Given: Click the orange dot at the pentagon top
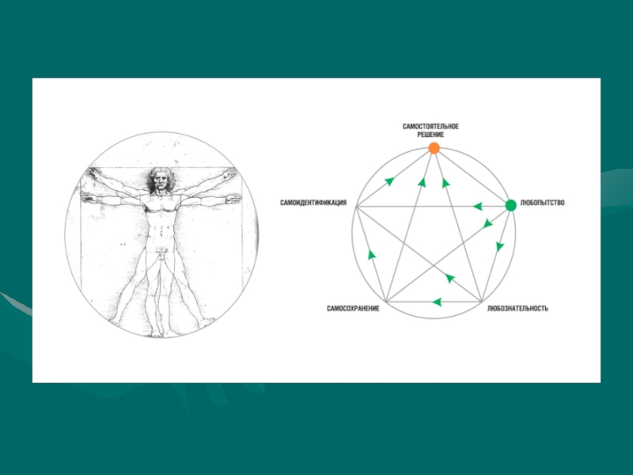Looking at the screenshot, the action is click(434, 148).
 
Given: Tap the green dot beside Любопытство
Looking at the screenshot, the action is click(510, 205).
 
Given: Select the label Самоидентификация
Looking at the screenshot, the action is click(313, 203).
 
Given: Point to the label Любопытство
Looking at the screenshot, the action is click(543, 203).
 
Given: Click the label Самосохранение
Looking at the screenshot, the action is click(353, 308).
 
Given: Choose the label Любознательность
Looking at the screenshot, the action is click(517, 308).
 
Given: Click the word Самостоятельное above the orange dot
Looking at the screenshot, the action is click(430, 127).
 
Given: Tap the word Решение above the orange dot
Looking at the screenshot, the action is click(430, 135).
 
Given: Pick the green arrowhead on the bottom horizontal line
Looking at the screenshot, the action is click(436, 302).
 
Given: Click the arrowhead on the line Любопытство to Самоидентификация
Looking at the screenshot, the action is click(477, 207).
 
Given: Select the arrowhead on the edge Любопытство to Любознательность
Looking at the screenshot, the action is click(499, 246).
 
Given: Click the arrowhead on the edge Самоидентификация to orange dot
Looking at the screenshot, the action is click(389, 181).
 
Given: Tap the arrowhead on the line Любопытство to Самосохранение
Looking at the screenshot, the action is click(487, 225).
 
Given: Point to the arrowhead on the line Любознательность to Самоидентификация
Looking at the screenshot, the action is click(449, 278).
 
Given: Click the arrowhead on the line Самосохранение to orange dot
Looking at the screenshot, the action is click(422, 183).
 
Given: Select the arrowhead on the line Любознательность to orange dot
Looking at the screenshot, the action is click(445, 182).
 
